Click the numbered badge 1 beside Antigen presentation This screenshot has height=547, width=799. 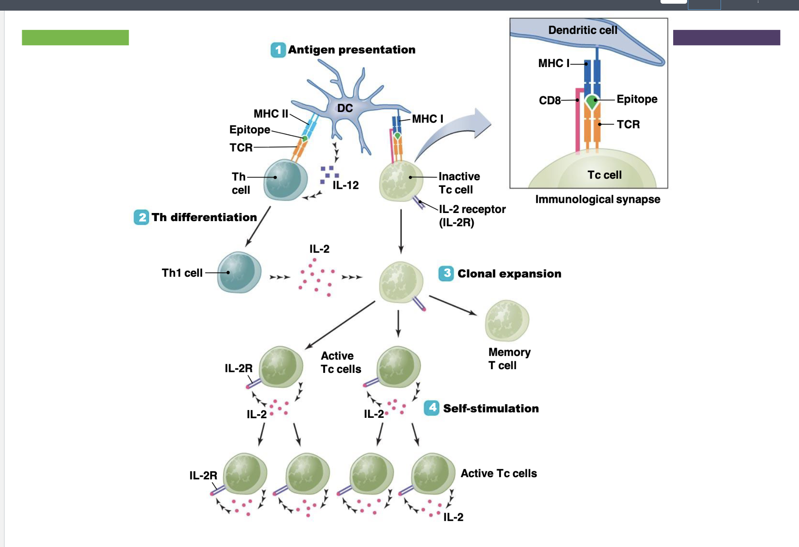click(x=278, y=50)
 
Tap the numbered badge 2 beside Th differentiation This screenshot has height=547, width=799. click(x=141, y=217)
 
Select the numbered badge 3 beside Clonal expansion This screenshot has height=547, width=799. click(x=446, y=273)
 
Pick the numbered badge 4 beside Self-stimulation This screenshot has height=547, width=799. click(x=432, y=408)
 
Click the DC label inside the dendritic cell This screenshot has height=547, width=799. click(x=345, y=108)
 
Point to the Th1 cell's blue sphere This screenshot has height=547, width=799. click(x=239, y=272)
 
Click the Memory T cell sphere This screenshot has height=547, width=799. click(x=507, y=321)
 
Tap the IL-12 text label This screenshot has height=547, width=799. click(x=346, y=185)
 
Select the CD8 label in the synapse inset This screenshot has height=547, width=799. click(x=549, y=101)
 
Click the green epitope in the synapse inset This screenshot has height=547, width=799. click(x=591, y=101)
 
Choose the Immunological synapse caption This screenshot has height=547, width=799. click(x=597, y=199)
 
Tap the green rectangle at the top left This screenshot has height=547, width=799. click(x=75, y=38)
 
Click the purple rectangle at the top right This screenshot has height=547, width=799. click(x=726, y=38)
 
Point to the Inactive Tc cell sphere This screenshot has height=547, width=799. click(x=400, y=181)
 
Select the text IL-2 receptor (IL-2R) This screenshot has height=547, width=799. click(x=472, y=215)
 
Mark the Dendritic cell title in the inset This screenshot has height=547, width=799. click(x=583, y=30)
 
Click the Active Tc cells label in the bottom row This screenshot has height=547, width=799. click(x=498, y=473)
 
